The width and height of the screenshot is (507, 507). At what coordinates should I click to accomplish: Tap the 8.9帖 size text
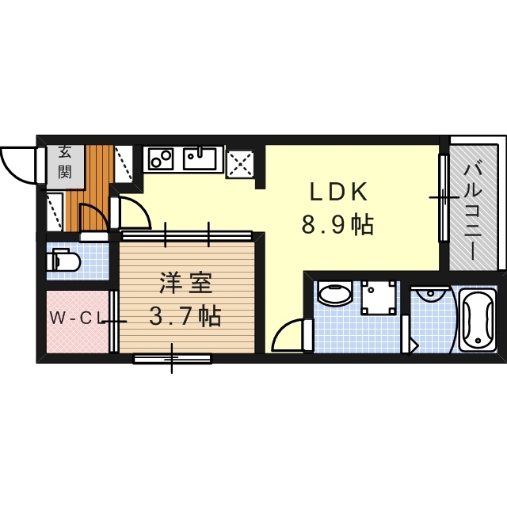tap(337, 225)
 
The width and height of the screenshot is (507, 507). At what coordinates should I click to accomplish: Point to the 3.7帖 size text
tap(185, 317)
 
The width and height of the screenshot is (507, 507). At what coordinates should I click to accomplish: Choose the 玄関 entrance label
tap(64, 163)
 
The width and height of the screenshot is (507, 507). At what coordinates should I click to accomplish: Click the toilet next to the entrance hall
tap(63, 261)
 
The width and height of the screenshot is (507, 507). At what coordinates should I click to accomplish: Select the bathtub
tap(478, 321)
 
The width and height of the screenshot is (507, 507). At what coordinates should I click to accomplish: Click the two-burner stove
tap(161, 158)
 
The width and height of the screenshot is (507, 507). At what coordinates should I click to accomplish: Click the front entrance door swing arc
tap(18, 163)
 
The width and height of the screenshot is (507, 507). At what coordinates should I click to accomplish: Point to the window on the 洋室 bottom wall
tap(173, 358)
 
